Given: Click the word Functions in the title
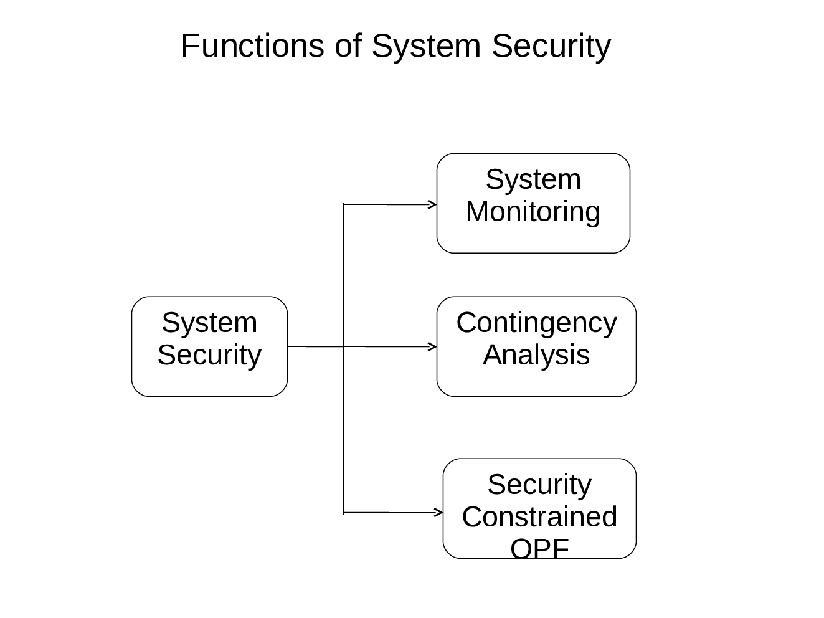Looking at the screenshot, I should [252, 46].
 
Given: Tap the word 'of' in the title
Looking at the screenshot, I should [348, 46].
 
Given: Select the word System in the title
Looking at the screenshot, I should [426, 46].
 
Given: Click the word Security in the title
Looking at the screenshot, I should [551, 46].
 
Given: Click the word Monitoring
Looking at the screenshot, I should [533, 212].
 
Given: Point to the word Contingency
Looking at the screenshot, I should [536, 323].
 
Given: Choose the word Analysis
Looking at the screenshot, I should [536, 355].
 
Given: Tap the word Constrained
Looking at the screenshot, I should [539, 517].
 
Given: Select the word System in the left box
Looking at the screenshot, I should [209, 323].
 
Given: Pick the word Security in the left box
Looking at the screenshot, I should [209, 355].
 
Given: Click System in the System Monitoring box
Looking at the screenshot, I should [533, 179].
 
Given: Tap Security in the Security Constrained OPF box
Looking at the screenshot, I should [539, 485].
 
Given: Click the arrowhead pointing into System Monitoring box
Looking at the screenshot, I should [433, 204].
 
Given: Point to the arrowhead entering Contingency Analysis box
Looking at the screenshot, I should [433, 346].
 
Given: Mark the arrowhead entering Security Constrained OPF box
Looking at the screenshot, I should [440, 513].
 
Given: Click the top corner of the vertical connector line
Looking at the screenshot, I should [344, 204].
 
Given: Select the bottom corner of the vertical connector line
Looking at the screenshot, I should [344, 513].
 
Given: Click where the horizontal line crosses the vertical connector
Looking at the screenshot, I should [344, 346].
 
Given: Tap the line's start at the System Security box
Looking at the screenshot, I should [288, 346].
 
